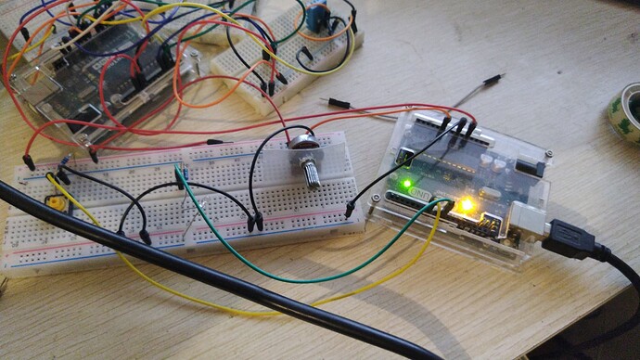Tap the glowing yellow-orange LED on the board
point(467,205)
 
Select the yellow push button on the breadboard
point(58,203)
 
